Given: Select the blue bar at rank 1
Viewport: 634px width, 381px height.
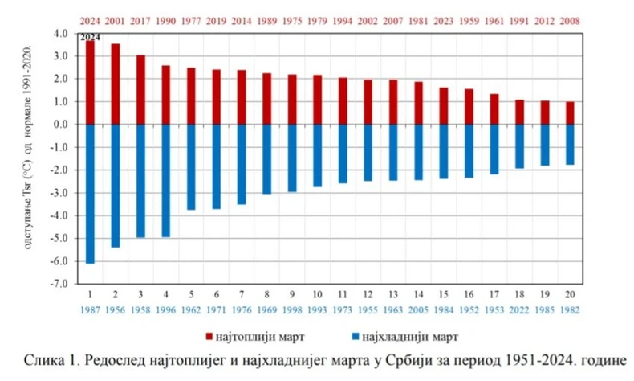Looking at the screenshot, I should click(x=90, y=194).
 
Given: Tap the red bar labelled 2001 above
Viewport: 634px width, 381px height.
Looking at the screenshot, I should click(x=115, y=84).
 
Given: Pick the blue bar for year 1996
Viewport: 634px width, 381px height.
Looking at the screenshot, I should click(x=165, y=181).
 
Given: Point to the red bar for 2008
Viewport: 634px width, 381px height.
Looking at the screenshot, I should click(x=570, y=113).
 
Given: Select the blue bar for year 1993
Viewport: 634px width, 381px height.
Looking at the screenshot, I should click(x=317, y=156).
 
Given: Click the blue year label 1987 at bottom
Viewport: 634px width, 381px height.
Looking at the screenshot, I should click(x=90, y=309).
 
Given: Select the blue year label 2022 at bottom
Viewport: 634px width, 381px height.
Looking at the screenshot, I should click(x=519, y=309).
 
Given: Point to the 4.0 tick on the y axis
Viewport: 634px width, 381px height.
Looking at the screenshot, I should click(x=61, y=34).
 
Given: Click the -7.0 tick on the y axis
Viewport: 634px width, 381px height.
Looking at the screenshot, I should click(x=60, y=285).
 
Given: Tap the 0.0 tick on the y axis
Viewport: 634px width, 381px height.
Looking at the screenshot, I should click(x=61, y=125).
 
